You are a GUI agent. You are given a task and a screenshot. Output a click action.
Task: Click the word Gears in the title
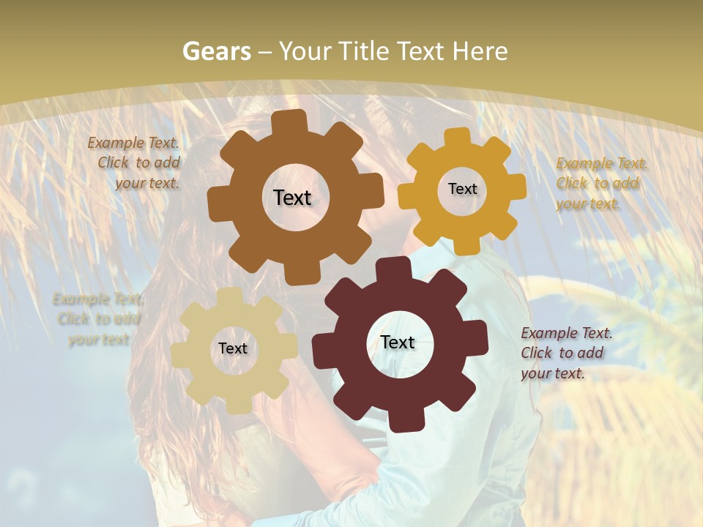click(x=216, y=51)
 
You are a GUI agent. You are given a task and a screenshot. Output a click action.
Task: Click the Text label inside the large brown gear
click(x=292, y=198)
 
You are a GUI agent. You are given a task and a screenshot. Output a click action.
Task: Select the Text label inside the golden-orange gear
click(x=462, y=189)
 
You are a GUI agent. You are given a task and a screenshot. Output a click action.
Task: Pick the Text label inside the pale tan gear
click(x=233, y=348)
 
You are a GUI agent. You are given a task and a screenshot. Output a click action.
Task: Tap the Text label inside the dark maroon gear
click(x=398, y=342)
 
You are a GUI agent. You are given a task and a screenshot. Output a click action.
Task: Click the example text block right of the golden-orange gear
click(x=600, y=183)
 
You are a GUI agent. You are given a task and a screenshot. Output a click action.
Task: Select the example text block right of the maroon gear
click(x=565, y=353)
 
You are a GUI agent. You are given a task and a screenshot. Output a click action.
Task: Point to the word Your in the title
click(x=306, y=51)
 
